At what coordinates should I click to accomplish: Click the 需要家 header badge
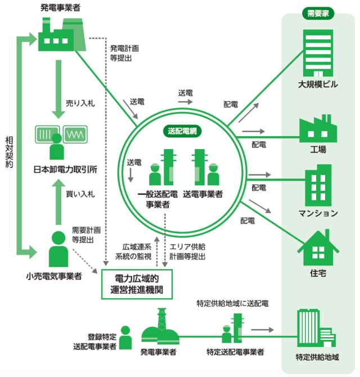(318, 13)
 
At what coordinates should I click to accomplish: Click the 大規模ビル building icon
(318, 52)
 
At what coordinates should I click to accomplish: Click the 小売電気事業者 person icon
(57, 248)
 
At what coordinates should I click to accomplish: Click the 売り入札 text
(78, 104)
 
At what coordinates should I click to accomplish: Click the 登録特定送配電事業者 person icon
(125, 338)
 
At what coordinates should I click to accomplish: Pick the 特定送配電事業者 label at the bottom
(235, 353)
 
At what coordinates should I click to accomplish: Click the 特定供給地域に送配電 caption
(232, 303)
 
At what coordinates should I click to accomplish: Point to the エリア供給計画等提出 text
(188, 252)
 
